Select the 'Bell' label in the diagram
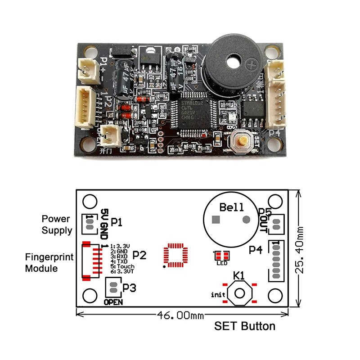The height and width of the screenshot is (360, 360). [x=231, y=207]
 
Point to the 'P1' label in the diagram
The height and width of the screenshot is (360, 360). [x=117, y=222]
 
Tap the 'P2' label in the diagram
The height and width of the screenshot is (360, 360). [x=140, y=255]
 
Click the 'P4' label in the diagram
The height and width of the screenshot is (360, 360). [x=256, y=249]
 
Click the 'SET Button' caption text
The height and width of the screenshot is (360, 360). [x=245, y=326]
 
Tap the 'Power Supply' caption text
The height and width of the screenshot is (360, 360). [x=57, y=225]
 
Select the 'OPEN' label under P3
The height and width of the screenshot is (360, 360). [x=113, y=302]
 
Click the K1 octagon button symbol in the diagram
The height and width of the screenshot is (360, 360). [x=239, y=293]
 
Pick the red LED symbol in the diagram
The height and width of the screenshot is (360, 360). [x=221, y=256]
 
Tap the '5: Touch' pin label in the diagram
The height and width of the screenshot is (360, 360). [x=122, y=266]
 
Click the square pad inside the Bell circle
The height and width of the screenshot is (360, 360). [x=216, y=220]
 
